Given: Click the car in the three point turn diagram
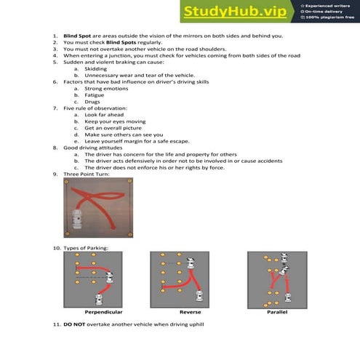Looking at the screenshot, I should pyautogui.click(x=79, y=216).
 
